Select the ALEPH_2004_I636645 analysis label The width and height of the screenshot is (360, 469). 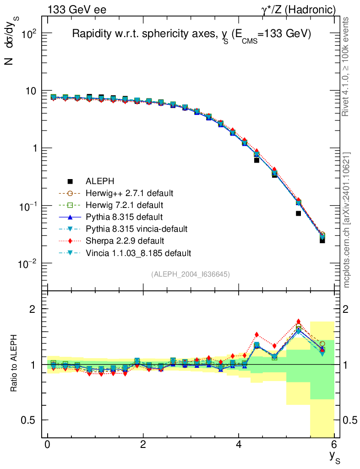coord(191,274)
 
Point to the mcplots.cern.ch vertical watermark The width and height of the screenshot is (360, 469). coord(347,220)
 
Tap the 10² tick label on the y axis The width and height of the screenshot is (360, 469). coord(28,33)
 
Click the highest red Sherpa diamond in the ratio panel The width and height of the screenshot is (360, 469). coord(298,322)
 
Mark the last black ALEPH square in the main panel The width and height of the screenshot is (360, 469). coord(322,240)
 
